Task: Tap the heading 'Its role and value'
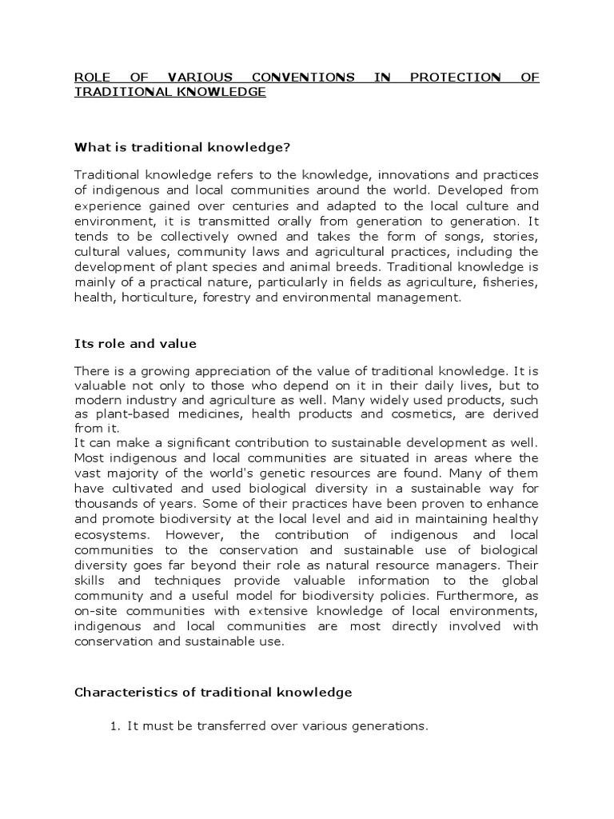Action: click(135, 344)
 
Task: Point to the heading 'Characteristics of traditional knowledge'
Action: click(213, 693)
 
